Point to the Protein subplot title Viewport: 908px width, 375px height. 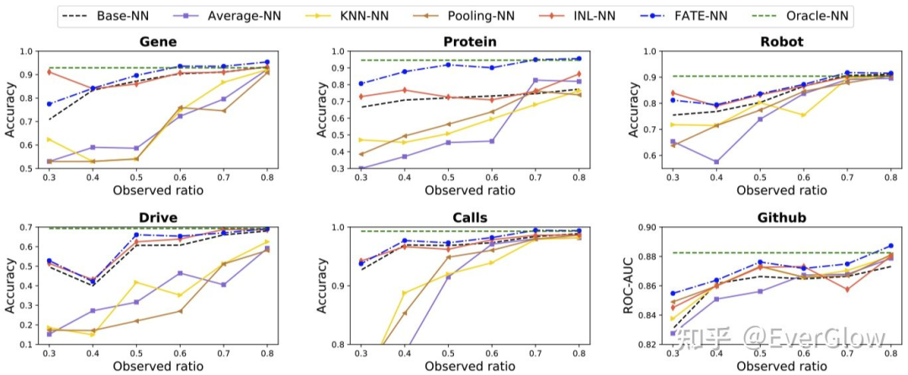pyautogui.click(x=469, y=41)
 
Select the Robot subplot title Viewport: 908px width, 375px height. pyautogui.click(x=781, y=41)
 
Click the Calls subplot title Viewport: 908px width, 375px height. pyautogui.click(x=469, y=218)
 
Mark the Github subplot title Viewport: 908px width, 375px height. pyautogui.click(x=781, y=218)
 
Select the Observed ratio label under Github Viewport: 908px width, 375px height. pyautogui.click(x=781, y=367)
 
